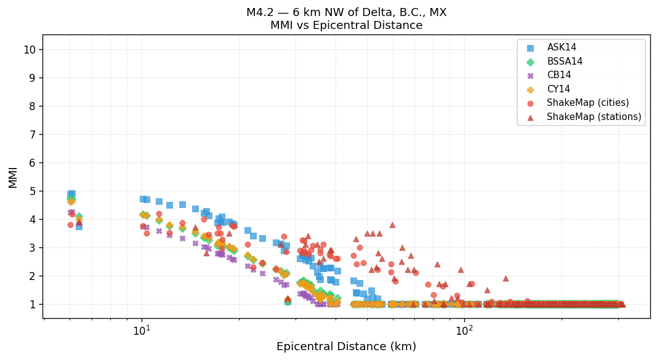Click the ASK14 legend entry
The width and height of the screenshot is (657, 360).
coord(562,47)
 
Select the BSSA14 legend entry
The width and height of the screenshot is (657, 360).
coord(565,62)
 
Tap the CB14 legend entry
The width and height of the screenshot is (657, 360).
coord(558,75)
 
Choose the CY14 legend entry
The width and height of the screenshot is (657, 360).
coord(558,89)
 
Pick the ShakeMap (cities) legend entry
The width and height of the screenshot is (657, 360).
coord(587,103)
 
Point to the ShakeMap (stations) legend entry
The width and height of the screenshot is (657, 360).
coord(594,117)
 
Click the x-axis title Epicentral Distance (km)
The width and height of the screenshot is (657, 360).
coord(346,346)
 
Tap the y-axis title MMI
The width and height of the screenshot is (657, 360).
coord(13,177)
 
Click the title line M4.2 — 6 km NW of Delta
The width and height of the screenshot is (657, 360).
coord(346,12)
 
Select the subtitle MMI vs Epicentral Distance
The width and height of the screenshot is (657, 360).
coord(346,25)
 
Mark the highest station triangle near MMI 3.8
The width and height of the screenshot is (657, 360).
coord(392,225)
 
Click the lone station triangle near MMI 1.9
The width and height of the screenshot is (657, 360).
coord(506,278)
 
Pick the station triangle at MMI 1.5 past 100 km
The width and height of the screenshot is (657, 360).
coord(487,290)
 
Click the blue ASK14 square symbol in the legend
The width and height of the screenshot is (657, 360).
coord(531,47)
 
